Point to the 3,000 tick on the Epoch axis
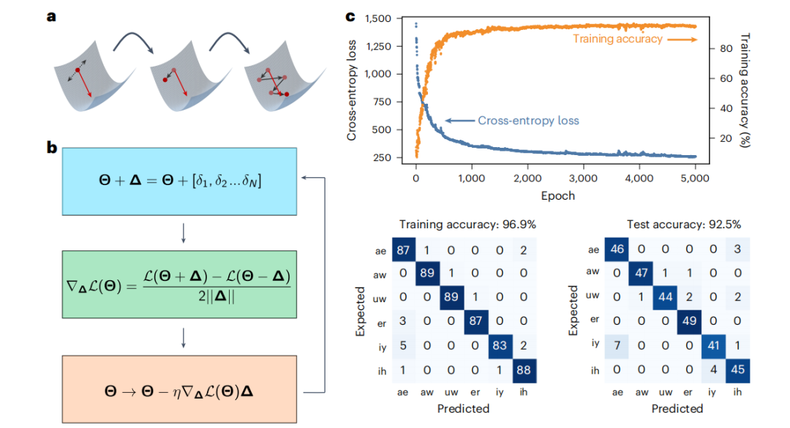[582, 177]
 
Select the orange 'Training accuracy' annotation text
[618, 39]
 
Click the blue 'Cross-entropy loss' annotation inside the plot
[528, 121]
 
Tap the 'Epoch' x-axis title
[558, 195]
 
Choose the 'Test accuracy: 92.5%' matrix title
[677, 225]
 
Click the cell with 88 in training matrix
[523, 369]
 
